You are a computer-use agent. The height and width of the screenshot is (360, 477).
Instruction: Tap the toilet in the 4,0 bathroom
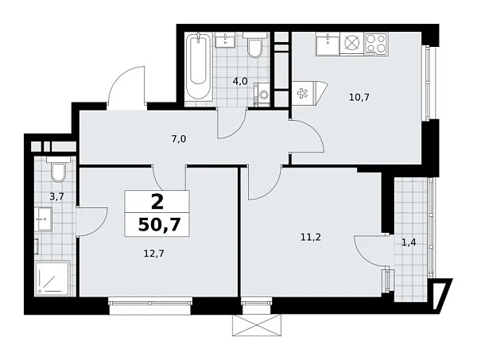(254, 49)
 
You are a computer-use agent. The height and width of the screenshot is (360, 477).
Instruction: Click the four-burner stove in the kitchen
(375, 45)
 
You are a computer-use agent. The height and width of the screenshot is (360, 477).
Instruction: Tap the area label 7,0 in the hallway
(178, 139)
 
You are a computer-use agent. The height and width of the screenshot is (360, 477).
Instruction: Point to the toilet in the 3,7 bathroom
(56, 171)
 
